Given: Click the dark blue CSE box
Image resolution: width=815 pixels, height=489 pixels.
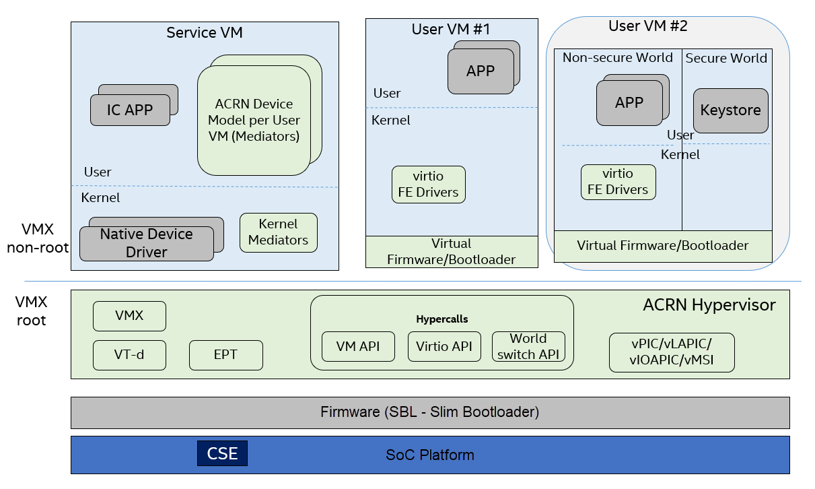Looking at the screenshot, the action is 222,453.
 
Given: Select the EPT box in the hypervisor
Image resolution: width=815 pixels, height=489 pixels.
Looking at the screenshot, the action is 226,355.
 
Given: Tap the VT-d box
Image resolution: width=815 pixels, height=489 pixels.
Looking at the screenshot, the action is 129,355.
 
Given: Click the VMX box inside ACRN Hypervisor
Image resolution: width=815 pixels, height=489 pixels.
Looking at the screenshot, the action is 129,316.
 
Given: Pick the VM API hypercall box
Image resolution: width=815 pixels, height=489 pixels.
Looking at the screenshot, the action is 359,346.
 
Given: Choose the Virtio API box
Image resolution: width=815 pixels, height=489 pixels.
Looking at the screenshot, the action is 444,346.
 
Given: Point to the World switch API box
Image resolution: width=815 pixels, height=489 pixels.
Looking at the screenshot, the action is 529,346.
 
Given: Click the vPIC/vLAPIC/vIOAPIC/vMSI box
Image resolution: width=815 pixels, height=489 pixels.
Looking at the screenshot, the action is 672,352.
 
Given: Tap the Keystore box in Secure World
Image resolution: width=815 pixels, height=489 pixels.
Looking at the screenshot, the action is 731,110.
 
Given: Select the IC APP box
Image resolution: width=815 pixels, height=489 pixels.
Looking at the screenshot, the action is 130,110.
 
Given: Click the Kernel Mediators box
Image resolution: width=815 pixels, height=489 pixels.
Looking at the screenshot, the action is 279,232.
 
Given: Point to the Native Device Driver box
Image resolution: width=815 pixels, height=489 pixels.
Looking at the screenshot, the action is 147,243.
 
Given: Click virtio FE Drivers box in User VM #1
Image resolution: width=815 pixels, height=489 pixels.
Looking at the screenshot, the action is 429,185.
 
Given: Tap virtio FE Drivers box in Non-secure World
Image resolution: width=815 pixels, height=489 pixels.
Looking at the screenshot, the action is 618,182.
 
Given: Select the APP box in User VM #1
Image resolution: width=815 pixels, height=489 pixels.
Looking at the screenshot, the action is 481,71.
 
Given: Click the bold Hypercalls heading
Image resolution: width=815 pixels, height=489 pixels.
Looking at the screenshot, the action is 442,319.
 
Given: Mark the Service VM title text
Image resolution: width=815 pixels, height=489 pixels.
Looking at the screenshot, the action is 205,33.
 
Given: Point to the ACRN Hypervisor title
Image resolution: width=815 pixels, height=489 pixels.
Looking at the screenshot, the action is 709,304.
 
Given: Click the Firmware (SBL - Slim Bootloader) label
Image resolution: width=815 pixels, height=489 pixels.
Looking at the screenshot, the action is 429,412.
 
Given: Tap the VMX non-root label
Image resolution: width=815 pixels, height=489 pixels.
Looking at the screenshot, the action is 38,238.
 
